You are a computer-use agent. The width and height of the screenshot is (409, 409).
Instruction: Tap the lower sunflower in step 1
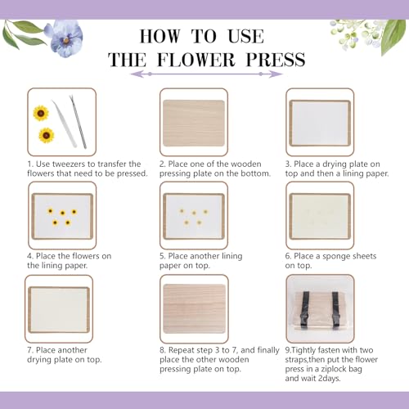click(x=45, y=135)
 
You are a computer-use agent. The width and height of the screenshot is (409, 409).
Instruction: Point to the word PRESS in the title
click(x=277, y=60)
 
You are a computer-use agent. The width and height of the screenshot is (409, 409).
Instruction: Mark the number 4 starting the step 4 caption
click(x=29, y=256)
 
